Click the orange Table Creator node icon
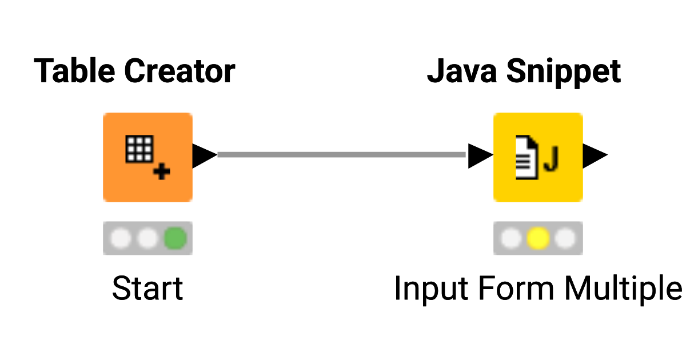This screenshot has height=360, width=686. [147, 157]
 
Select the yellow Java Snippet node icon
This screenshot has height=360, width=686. [538, 157]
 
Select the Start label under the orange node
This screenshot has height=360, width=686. [147, 288]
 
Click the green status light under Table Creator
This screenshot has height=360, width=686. [176, 238]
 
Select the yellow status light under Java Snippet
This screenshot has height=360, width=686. [538, 238]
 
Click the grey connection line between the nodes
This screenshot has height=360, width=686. [342, 154]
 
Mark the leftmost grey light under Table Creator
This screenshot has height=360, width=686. [120, 238]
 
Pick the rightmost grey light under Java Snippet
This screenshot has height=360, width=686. [565, 238]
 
